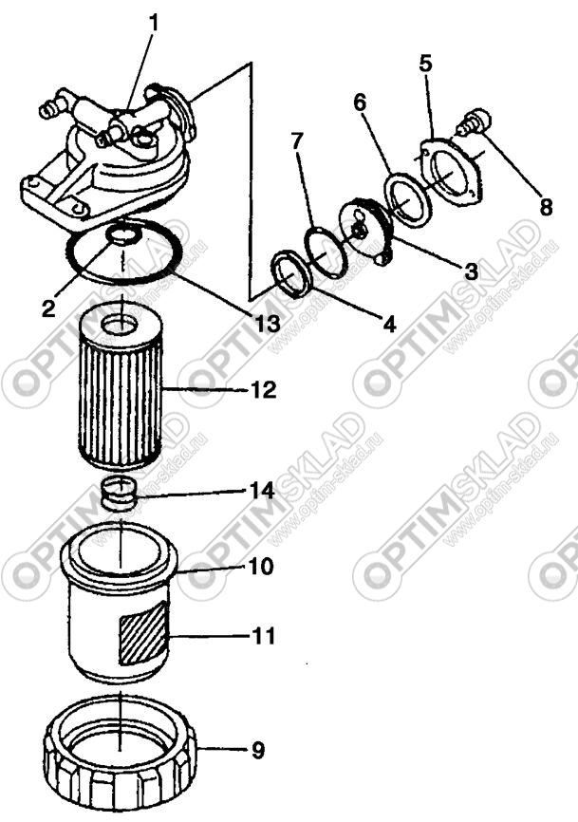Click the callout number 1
click(153, 23)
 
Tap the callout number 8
click(546, 207)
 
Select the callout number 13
click(268, 324)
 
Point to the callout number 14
click(263, 492)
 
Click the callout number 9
click(258, 751)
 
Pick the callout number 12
click(263, 389)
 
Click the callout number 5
click(425, 64)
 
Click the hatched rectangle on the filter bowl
click(142, 634)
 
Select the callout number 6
click(360, 103)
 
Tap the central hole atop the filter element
click(121, 325)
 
